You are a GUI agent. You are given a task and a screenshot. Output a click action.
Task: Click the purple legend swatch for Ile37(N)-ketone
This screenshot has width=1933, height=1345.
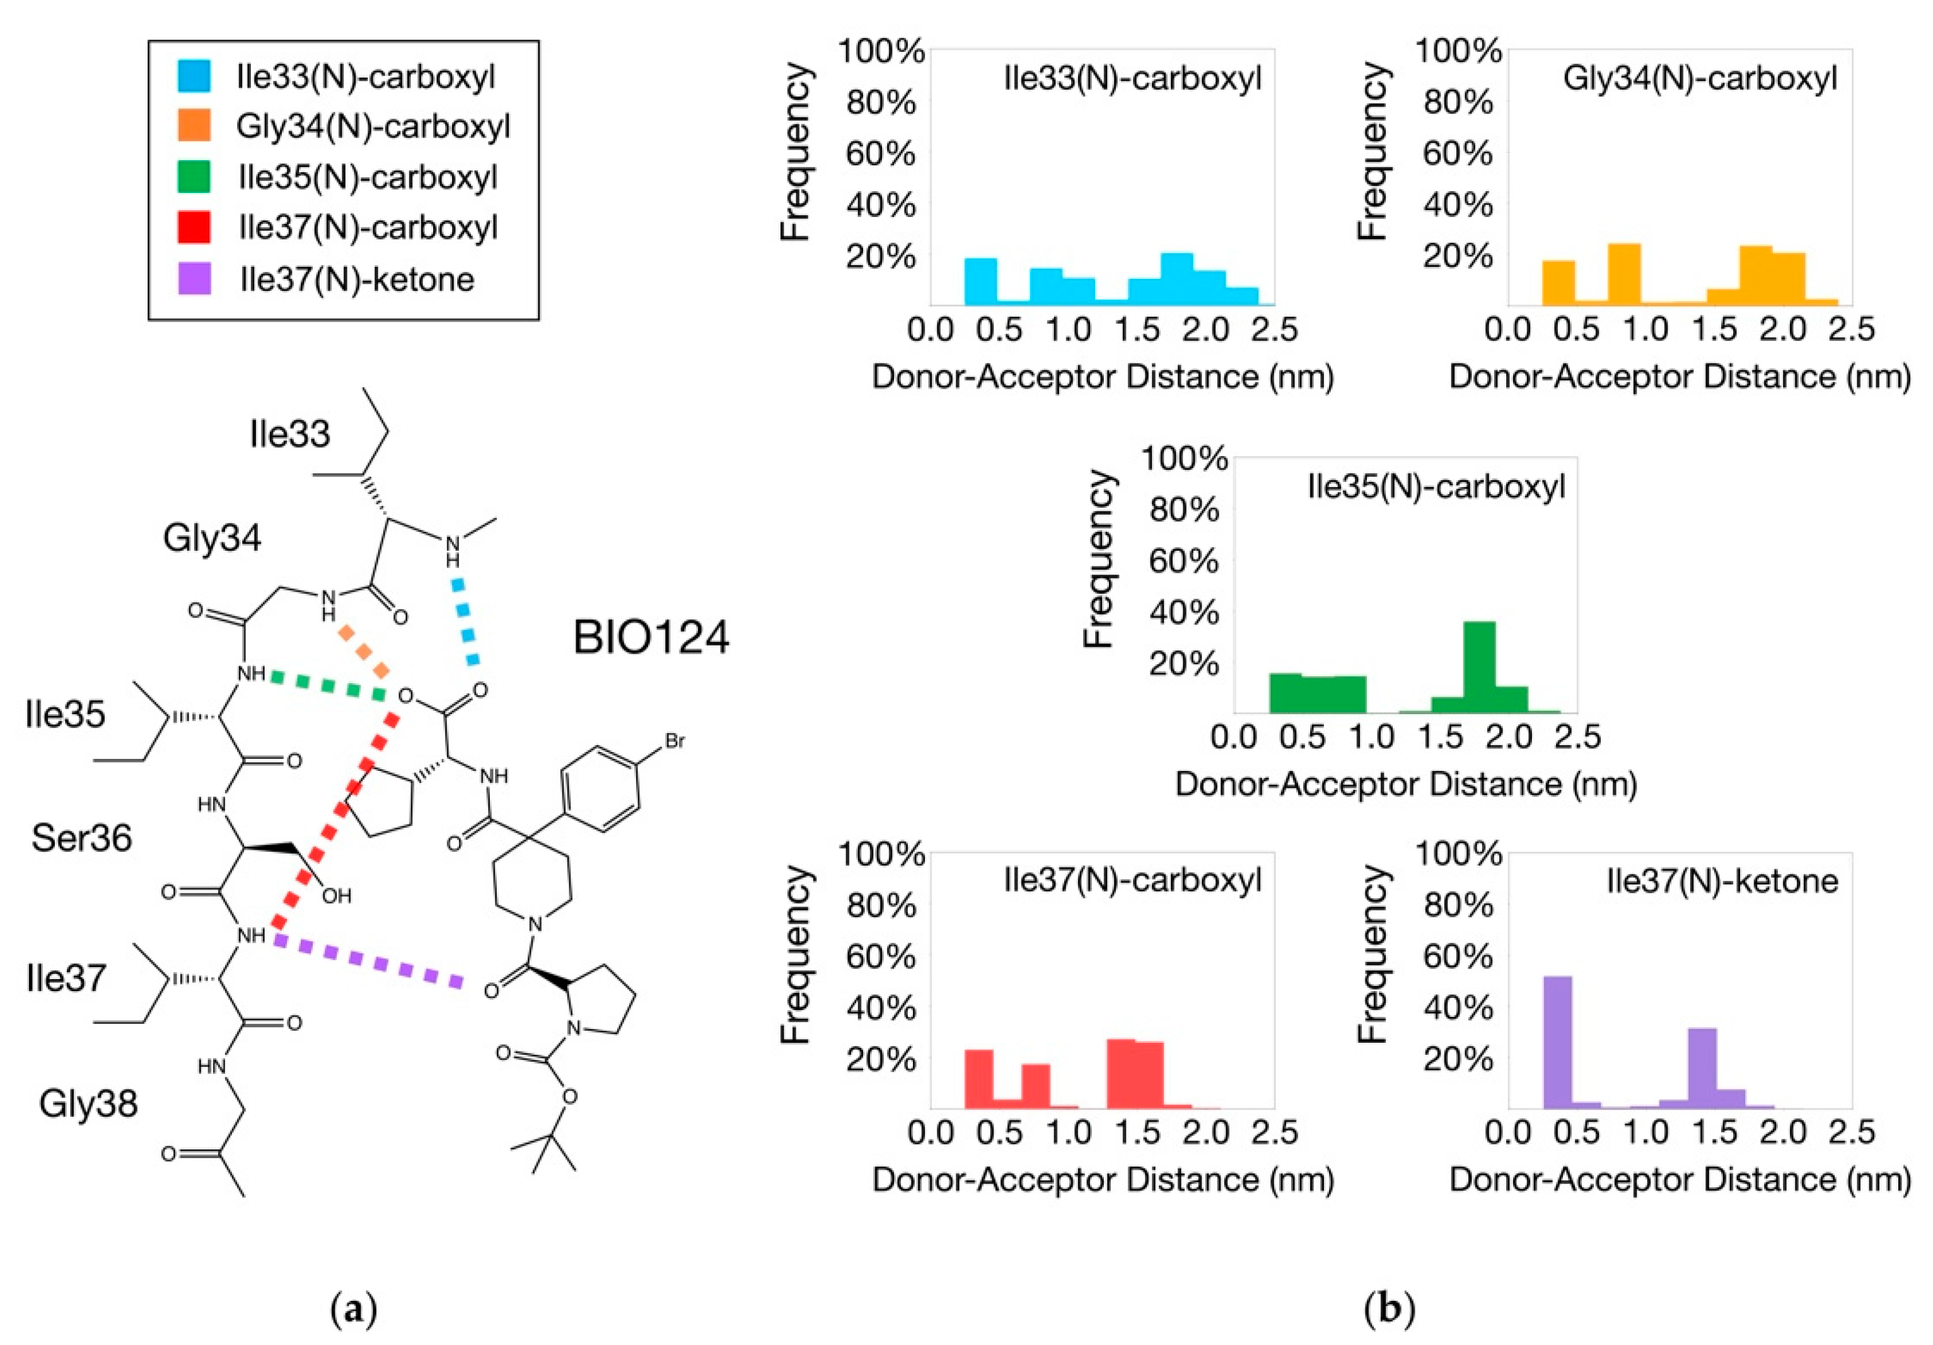(x=194, y=278)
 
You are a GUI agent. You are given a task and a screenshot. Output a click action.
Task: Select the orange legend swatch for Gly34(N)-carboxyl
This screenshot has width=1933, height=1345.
(x=194, y=126)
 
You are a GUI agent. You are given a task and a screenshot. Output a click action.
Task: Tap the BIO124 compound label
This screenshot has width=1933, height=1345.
(x=651, y=638)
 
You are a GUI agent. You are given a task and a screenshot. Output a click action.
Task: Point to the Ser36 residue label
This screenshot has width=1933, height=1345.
(x=82, y=838)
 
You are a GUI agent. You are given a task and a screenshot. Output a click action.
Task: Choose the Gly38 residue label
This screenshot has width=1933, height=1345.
(x=88, y=1103)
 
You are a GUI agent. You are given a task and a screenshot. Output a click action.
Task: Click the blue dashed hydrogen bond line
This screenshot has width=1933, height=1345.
(x=465, y=621)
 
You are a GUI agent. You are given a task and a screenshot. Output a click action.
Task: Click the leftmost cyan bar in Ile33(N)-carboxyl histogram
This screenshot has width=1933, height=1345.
(x=980, y=281)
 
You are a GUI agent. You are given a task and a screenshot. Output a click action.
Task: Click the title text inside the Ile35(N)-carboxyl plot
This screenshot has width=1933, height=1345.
(x=1436, y=487)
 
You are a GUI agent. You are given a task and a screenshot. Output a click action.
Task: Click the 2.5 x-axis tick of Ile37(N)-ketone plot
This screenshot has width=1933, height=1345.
(x=1851, y=1132)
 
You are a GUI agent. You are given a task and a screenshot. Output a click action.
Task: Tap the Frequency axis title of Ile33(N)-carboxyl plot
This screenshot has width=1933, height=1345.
(x=795, y=153)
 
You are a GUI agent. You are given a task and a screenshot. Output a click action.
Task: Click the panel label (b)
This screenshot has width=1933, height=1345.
(x=1389, y=1309)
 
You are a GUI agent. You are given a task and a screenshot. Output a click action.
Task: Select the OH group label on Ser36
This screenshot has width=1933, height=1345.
(x=337, y=896)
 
